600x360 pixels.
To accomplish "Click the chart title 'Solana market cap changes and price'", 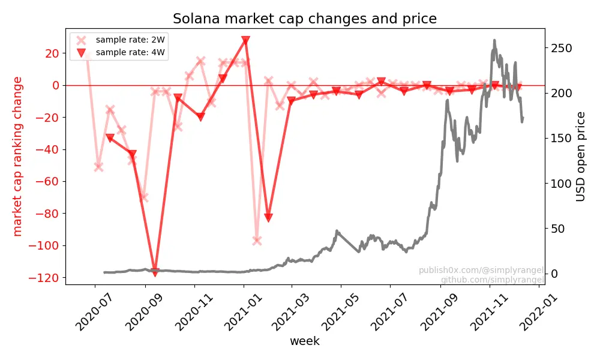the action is click(x=305, y=19).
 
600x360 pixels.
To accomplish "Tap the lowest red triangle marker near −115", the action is click(x=155, y=272).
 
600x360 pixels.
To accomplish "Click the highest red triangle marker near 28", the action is click(x=245, y=40).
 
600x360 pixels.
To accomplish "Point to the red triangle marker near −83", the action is click(x=268, y=218).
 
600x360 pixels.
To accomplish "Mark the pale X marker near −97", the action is click(x=257, y=241).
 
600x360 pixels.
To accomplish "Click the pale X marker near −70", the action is click(x=143, y=197).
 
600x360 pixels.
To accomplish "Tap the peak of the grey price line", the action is click(x=494, y=40).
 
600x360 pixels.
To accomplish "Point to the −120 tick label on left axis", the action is click(x=43, y=278).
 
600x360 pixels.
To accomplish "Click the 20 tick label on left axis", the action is click(x=52, y=53).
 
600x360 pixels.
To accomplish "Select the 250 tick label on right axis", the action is click(x=562, y=48).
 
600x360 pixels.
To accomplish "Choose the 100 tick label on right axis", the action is click(x=562, y=184).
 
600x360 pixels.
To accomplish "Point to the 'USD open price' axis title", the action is click(x=580, y=157).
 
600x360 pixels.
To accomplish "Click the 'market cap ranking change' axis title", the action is click(x=17, y=157).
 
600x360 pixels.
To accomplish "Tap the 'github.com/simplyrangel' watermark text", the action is click(x=492, y=280).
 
